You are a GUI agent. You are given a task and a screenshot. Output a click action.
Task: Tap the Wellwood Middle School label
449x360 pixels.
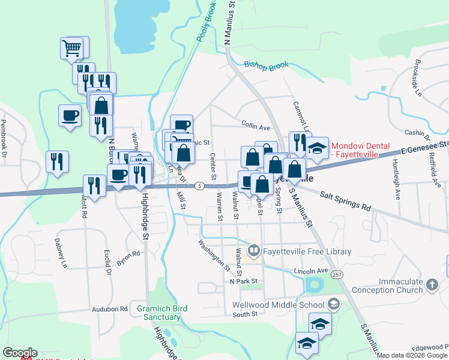[x=279, y=305]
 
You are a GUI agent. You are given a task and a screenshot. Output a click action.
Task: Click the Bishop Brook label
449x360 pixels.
[x=266, y=64]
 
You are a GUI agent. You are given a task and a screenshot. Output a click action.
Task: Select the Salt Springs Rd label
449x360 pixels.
[x=345, y=200]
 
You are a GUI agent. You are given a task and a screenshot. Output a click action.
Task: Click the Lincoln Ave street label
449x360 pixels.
[x=311, y=271]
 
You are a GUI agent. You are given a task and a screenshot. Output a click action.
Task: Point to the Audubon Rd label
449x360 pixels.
[x=110, y=310]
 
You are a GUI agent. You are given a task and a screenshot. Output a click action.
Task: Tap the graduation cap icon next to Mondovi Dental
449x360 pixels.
[x=318, y=148]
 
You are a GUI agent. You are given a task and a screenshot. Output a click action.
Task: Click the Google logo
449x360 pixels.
[x=20, y=353]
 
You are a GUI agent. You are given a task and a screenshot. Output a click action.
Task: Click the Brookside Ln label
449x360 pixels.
[x=417, y=78]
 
